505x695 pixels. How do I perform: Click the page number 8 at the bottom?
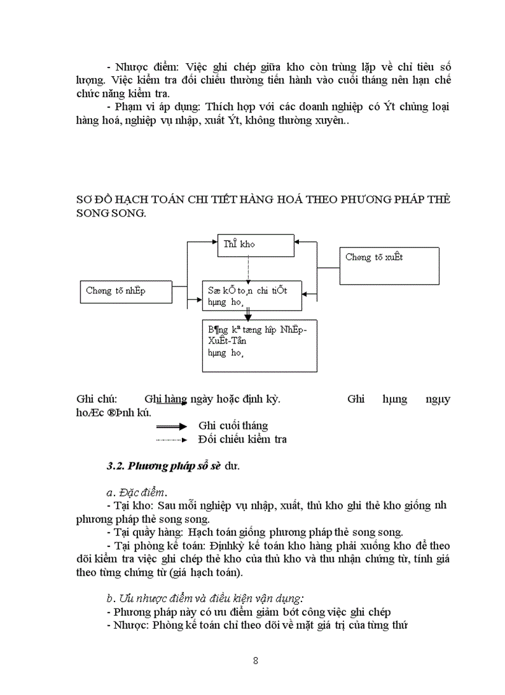256,660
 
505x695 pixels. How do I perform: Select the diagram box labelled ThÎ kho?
255,245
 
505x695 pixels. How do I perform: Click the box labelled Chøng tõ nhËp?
126,291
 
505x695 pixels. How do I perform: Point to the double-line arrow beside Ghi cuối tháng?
171,426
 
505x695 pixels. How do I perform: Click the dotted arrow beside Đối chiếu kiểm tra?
171,440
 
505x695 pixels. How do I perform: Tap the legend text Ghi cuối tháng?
233,426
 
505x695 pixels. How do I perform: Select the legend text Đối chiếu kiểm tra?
243,440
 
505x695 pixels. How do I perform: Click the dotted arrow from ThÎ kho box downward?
248,267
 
